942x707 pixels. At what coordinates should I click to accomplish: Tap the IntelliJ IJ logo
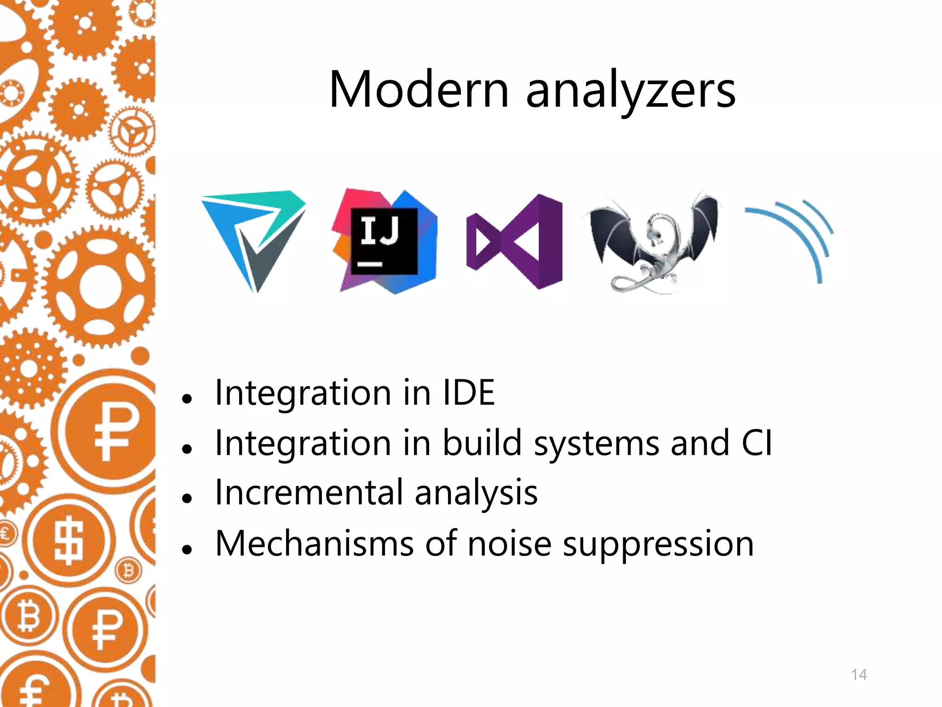coord(385,241)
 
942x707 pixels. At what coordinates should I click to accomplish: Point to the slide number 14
coord(859,675)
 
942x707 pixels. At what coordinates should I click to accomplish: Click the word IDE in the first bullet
coord(468,393)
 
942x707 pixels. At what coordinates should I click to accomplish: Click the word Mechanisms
coord(315,543)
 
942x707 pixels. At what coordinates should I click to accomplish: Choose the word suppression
coord(658,544)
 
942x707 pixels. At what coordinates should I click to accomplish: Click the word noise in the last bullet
coord(509,543)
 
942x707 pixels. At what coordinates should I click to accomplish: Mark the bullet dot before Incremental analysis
coord(187,498)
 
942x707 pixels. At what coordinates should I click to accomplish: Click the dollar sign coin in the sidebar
coord(69,541)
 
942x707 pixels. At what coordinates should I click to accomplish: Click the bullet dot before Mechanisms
coord(187,549)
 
